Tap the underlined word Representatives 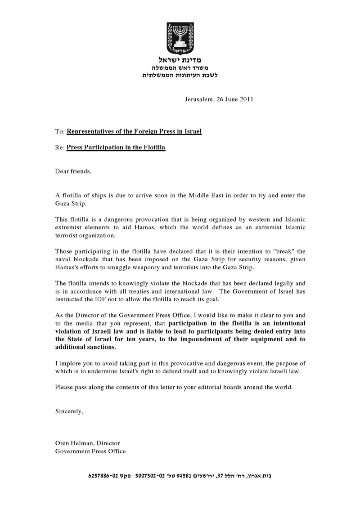point(93,131)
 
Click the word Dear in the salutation point(63,171)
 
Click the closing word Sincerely point(69,411)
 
